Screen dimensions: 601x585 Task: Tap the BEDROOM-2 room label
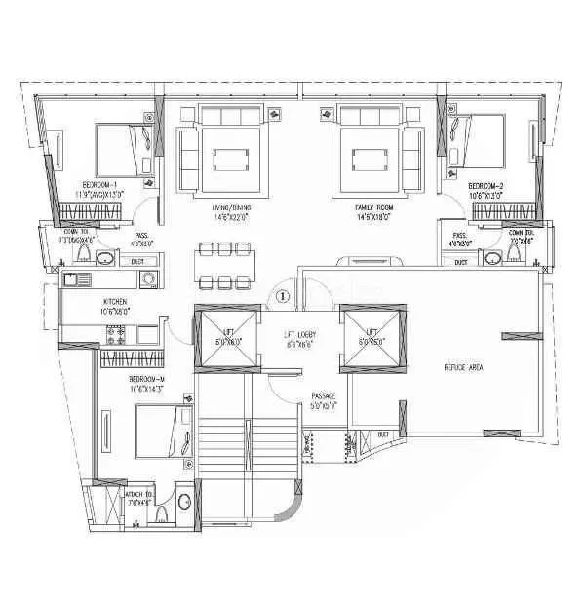click(x=486, y=185)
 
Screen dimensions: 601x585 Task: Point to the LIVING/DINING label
click(x=232, y=207)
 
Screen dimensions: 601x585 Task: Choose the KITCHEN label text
click(x=115, y=303)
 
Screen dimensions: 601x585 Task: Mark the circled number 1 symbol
click(x=283, y=295)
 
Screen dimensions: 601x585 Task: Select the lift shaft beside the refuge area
click(x=371, y=338)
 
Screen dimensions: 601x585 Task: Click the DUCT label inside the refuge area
click(x=383, y=433)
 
